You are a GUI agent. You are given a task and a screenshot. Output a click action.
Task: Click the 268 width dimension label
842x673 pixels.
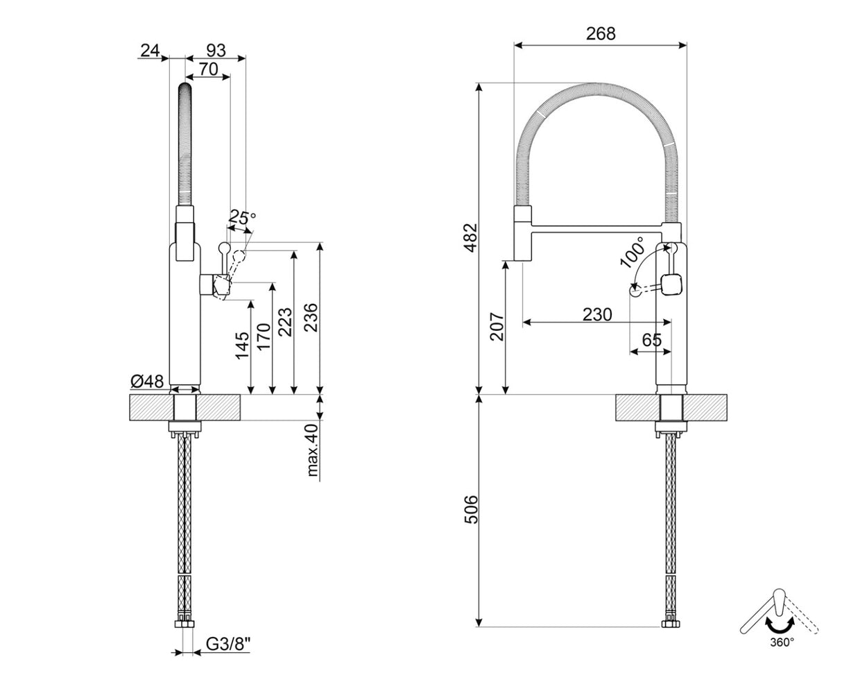600,33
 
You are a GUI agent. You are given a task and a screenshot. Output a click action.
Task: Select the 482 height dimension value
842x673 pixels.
471,237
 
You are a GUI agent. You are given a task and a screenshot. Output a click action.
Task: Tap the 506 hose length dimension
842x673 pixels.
471,510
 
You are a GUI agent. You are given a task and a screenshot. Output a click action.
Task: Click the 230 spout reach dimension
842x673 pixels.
596,314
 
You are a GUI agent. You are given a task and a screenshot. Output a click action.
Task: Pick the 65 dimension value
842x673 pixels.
651,340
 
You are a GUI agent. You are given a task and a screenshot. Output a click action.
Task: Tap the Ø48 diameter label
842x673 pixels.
147,381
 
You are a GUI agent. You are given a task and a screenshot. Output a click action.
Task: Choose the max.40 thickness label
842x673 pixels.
313,451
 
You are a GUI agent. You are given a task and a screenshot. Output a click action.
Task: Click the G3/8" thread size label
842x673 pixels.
228,644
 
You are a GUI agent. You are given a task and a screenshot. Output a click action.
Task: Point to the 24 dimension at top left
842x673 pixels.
151,50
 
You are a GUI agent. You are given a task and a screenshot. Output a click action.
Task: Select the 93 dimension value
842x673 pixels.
216,50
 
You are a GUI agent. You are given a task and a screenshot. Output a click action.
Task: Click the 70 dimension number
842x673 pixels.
208,68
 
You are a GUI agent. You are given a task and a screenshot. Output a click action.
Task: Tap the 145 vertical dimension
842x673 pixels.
242,346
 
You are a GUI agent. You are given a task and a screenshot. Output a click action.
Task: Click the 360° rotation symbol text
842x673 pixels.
781,642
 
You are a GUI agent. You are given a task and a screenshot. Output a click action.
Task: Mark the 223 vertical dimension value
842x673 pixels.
286,321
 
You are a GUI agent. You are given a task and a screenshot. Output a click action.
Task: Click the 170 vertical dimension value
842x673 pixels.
264,337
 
